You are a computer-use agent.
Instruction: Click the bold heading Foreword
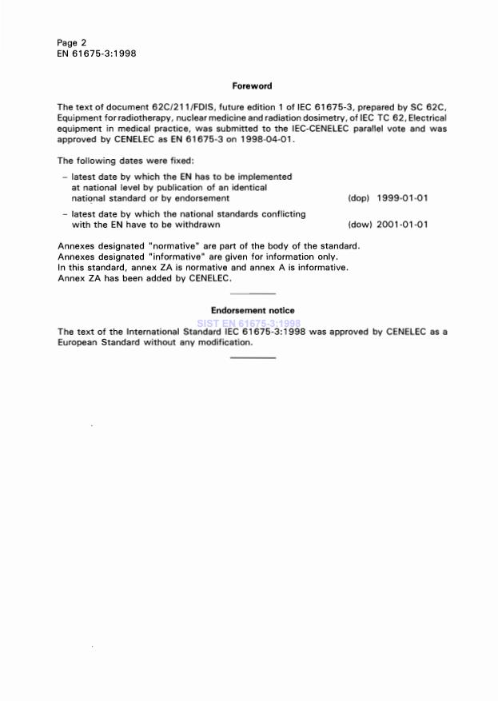(252, 86)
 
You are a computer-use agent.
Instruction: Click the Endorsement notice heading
(252, 310)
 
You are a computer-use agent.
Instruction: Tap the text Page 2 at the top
(72, 42)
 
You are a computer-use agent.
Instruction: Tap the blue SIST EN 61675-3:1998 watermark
(253, 323)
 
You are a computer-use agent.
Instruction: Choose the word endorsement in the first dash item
(200, 197)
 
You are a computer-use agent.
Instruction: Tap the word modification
(223, 342)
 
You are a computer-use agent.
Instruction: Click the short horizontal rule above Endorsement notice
(253, 295)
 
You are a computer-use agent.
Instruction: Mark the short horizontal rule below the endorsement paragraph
(253, 356)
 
